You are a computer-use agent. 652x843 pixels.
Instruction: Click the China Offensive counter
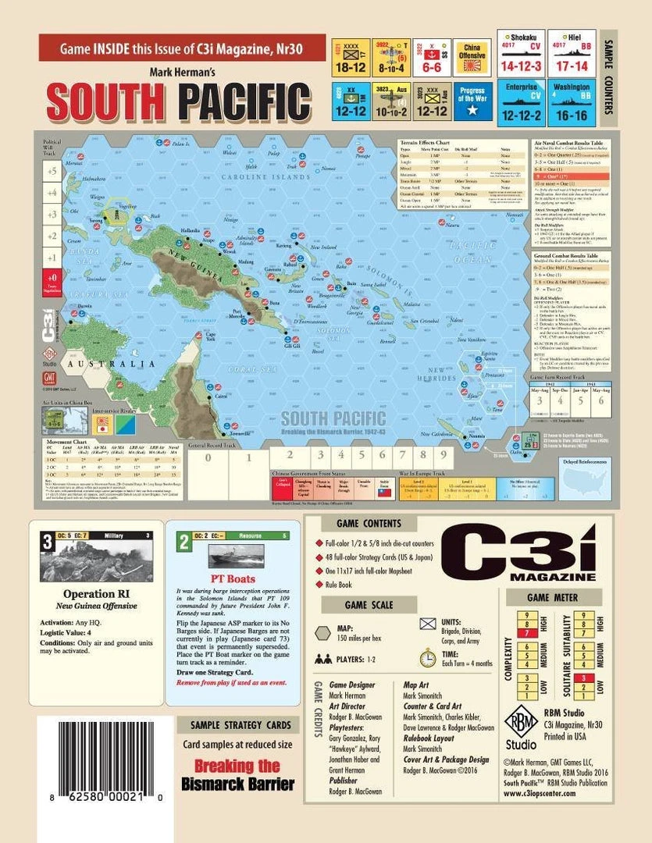point(472,56)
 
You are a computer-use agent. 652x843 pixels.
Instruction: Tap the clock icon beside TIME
point(427,658)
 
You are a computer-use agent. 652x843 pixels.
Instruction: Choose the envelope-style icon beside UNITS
point(427,623)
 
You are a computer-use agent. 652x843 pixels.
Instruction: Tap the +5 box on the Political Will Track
point(52,170)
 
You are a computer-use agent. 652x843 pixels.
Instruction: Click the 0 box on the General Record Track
point(208,458)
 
